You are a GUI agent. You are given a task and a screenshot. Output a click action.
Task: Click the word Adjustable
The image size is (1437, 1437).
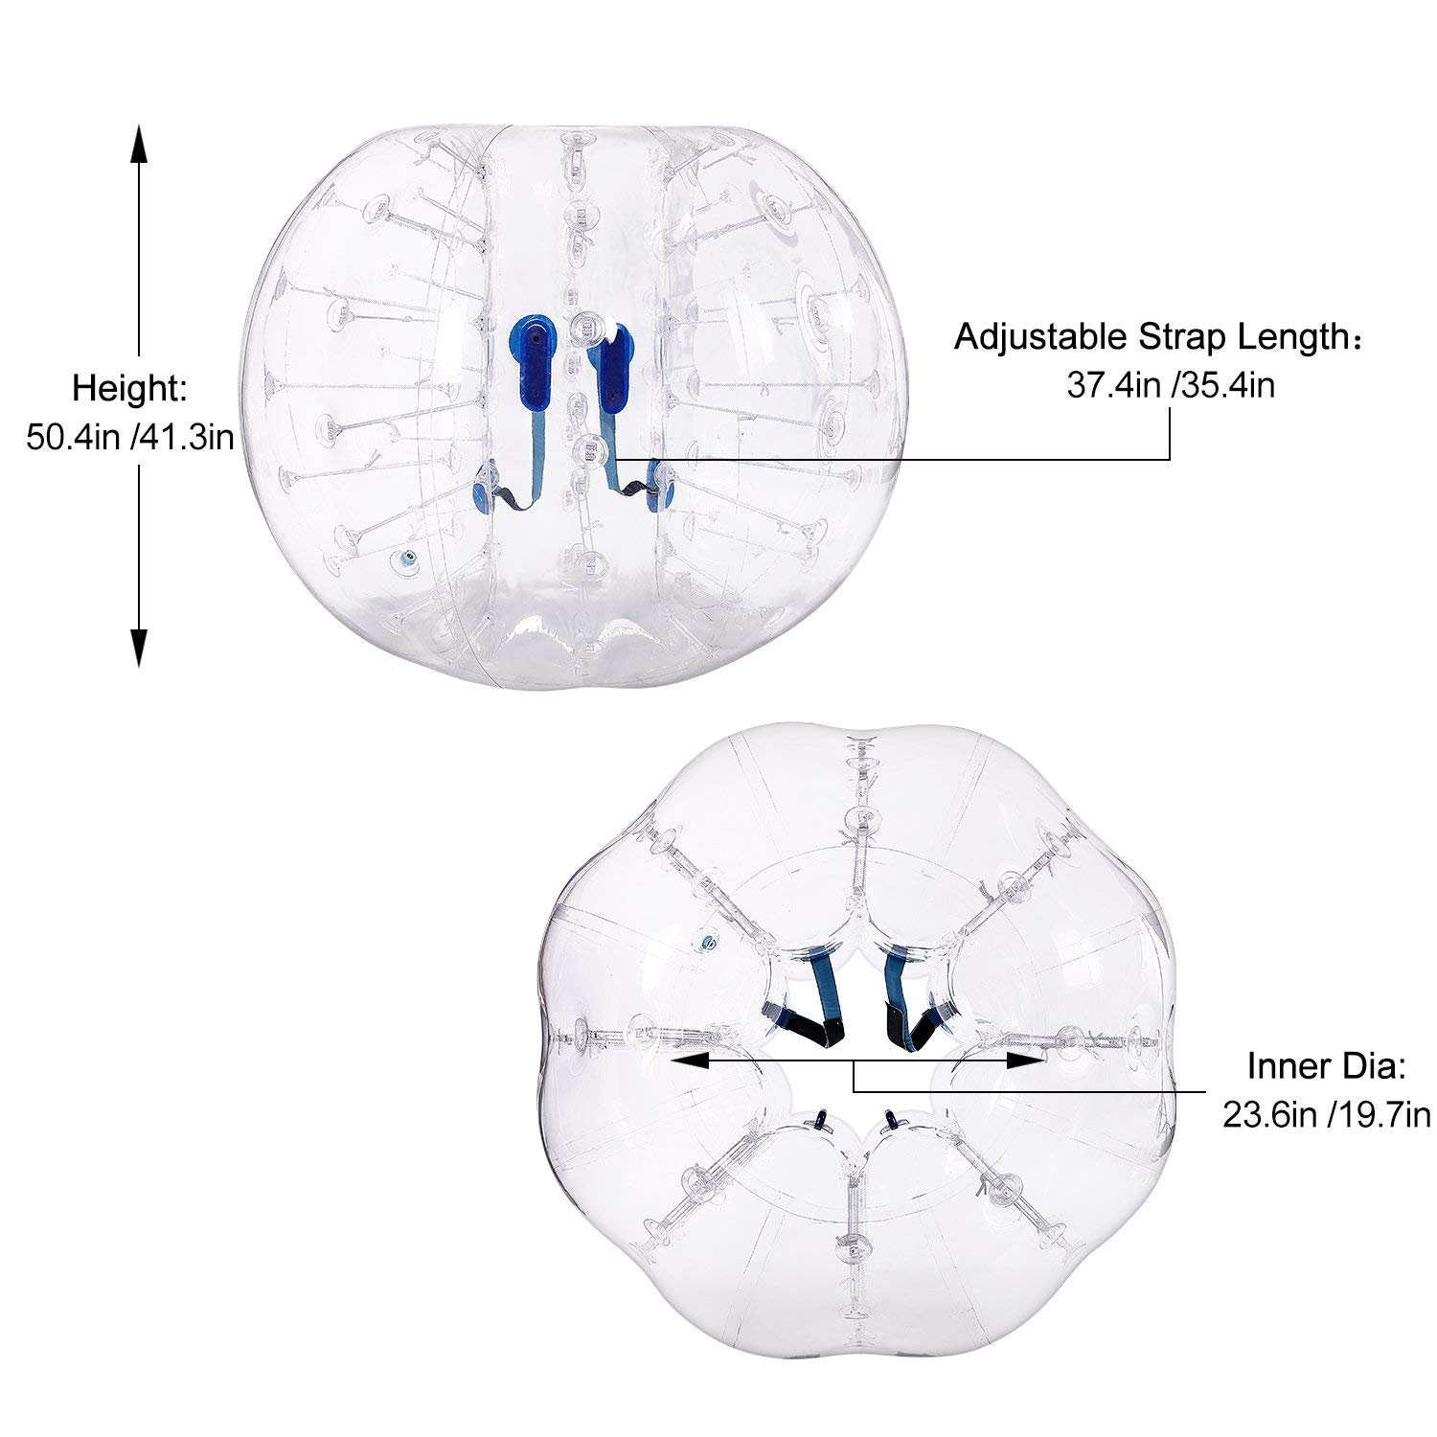(1040, 338)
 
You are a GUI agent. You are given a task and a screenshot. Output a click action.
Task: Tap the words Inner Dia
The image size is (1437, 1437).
(1327, 1066)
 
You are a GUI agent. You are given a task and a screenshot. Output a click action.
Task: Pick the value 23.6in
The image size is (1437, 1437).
(1271, 1115)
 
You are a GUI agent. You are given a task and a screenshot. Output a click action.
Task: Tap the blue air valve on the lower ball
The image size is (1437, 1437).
(708, 941)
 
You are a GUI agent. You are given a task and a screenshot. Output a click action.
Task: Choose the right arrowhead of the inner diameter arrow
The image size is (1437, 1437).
(1026, 1061)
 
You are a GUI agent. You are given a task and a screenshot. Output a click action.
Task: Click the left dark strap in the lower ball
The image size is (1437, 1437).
(810, 1006)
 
